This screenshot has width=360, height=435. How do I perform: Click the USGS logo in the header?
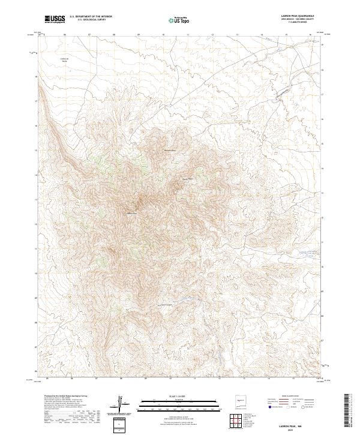click(x=55, y=20)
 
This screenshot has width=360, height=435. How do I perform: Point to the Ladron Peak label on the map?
click(x=131, y=212)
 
